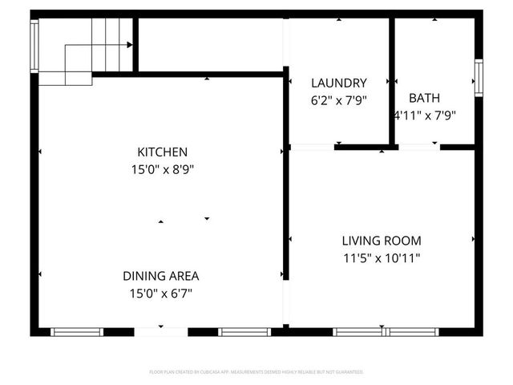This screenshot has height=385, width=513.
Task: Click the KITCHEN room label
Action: coord(162,152)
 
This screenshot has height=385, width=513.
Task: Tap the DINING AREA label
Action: coord(160,276)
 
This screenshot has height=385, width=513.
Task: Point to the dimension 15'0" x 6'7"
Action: coord(160,294)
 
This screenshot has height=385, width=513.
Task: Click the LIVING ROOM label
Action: coord(382,241)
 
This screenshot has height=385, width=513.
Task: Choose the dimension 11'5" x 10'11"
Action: coord(382,258)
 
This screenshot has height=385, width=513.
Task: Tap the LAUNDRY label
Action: coord(338,83)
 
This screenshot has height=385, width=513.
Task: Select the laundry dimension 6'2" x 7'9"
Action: coord(338,100)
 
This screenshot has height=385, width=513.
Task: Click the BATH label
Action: coord(424,98)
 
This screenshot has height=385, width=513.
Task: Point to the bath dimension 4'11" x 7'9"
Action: coord(425,115)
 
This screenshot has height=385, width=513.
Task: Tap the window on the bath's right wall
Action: coord(478,78)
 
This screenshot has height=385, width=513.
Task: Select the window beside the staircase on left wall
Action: coord(34,45)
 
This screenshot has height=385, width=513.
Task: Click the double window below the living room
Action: coord(386,331)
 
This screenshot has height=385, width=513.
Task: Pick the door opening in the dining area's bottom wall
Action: coord(160,331)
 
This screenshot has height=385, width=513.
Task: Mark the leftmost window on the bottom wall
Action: coord(77,331)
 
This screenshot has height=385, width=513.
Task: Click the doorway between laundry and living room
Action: coord(312,148)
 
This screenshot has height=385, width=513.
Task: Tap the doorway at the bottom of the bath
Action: coord(419,148)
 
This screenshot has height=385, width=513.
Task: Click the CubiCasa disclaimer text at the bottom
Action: coord(256,372)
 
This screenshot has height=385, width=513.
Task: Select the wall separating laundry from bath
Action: coord(392,80)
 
